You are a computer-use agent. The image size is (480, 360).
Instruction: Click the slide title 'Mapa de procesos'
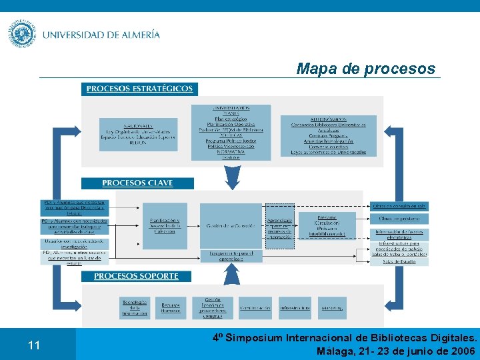(x=365, y=69)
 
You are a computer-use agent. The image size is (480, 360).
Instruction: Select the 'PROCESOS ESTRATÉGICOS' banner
(x=139, y=89)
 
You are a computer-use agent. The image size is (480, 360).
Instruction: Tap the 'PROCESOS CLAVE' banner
(x=137, y=183)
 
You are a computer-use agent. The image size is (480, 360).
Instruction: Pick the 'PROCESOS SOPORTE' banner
(x=136, y=275)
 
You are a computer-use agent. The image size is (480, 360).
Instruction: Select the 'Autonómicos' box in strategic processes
(x=328, y=135)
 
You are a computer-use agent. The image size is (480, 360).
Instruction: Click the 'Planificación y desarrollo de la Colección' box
(x=164, y=226)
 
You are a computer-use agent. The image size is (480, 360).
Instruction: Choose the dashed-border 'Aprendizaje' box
(x=279, y=228)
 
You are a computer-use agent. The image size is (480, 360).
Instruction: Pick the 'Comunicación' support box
(x=255, y=308)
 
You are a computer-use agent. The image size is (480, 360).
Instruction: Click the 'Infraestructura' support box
(x=295, y=308)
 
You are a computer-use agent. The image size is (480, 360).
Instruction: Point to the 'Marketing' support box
(x=332, y=308)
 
